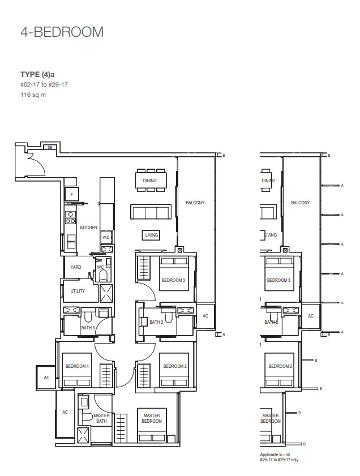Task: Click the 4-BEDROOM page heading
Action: (x=62, y=32)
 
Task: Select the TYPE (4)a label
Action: (x=37, y=74)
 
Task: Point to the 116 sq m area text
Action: (x=33, y=95)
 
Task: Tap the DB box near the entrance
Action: (x=50, y=148)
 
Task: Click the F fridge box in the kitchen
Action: (x=72, y=194)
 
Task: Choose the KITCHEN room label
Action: (x=89, y=228)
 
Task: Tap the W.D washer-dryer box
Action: (x=106, y=237)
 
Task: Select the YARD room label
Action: (x=76, y=267)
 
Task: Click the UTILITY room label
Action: (x=78, y=291)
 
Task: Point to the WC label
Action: (x=101, y=267)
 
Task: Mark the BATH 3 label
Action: (x=88, y=328)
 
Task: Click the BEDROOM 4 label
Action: (x=77, y=366)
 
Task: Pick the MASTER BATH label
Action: (x=101, y=418)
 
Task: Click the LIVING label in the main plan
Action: (x=152, y=235)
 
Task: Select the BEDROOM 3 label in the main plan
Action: (x=173, y=280)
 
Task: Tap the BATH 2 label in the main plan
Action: (x=156, y=322)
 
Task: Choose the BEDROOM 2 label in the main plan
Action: (x=175, y=366)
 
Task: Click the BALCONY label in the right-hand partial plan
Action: (x=301, y=203)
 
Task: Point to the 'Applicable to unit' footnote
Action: (x=275, y=454)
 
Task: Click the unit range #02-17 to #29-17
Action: (x=44, y=85)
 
